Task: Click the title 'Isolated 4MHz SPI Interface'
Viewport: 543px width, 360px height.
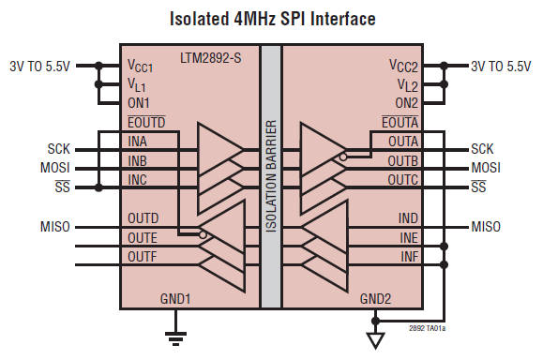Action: (271, 18)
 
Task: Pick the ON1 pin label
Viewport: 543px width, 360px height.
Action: (140, 99)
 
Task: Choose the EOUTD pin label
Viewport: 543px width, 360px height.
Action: (146, 121)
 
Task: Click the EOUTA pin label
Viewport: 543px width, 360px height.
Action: (400, 121)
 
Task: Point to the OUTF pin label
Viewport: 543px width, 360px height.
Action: (143, 256)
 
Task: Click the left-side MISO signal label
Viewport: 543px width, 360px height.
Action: (56, 227)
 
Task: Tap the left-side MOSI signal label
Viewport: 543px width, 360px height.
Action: (55, 168)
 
